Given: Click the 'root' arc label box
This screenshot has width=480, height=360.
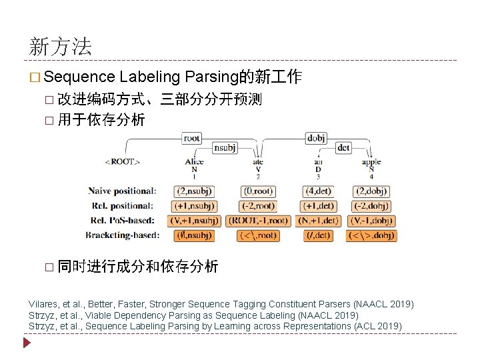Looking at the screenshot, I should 191,138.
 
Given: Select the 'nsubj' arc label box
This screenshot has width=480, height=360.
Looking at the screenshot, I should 225,148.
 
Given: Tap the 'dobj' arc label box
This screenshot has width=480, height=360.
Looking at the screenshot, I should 316,138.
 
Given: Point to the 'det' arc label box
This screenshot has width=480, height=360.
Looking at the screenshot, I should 343,147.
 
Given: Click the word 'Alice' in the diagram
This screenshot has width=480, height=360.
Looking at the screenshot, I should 194,161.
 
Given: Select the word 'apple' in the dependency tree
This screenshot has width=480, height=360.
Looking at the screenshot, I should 371,161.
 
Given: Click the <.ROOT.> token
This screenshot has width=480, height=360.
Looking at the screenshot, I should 122,161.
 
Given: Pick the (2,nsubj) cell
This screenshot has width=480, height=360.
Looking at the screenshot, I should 193,192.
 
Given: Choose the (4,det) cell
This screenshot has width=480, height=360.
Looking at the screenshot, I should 319,192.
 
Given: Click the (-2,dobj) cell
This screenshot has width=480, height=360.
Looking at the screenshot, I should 371,207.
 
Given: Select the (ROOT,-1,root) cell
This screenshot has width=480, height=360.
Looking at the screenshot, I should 258,221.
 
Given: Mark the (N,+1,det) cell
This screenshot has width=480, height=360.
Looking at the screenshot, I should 319,221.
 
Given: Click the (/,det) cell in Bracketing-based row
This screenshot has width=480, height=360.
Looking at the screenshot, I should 319,235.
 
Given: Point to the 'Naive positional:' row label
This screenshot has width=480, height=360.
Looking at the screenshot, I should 122,192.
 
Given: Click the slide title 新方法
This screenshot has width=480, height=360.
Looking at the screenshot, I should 61,46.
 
